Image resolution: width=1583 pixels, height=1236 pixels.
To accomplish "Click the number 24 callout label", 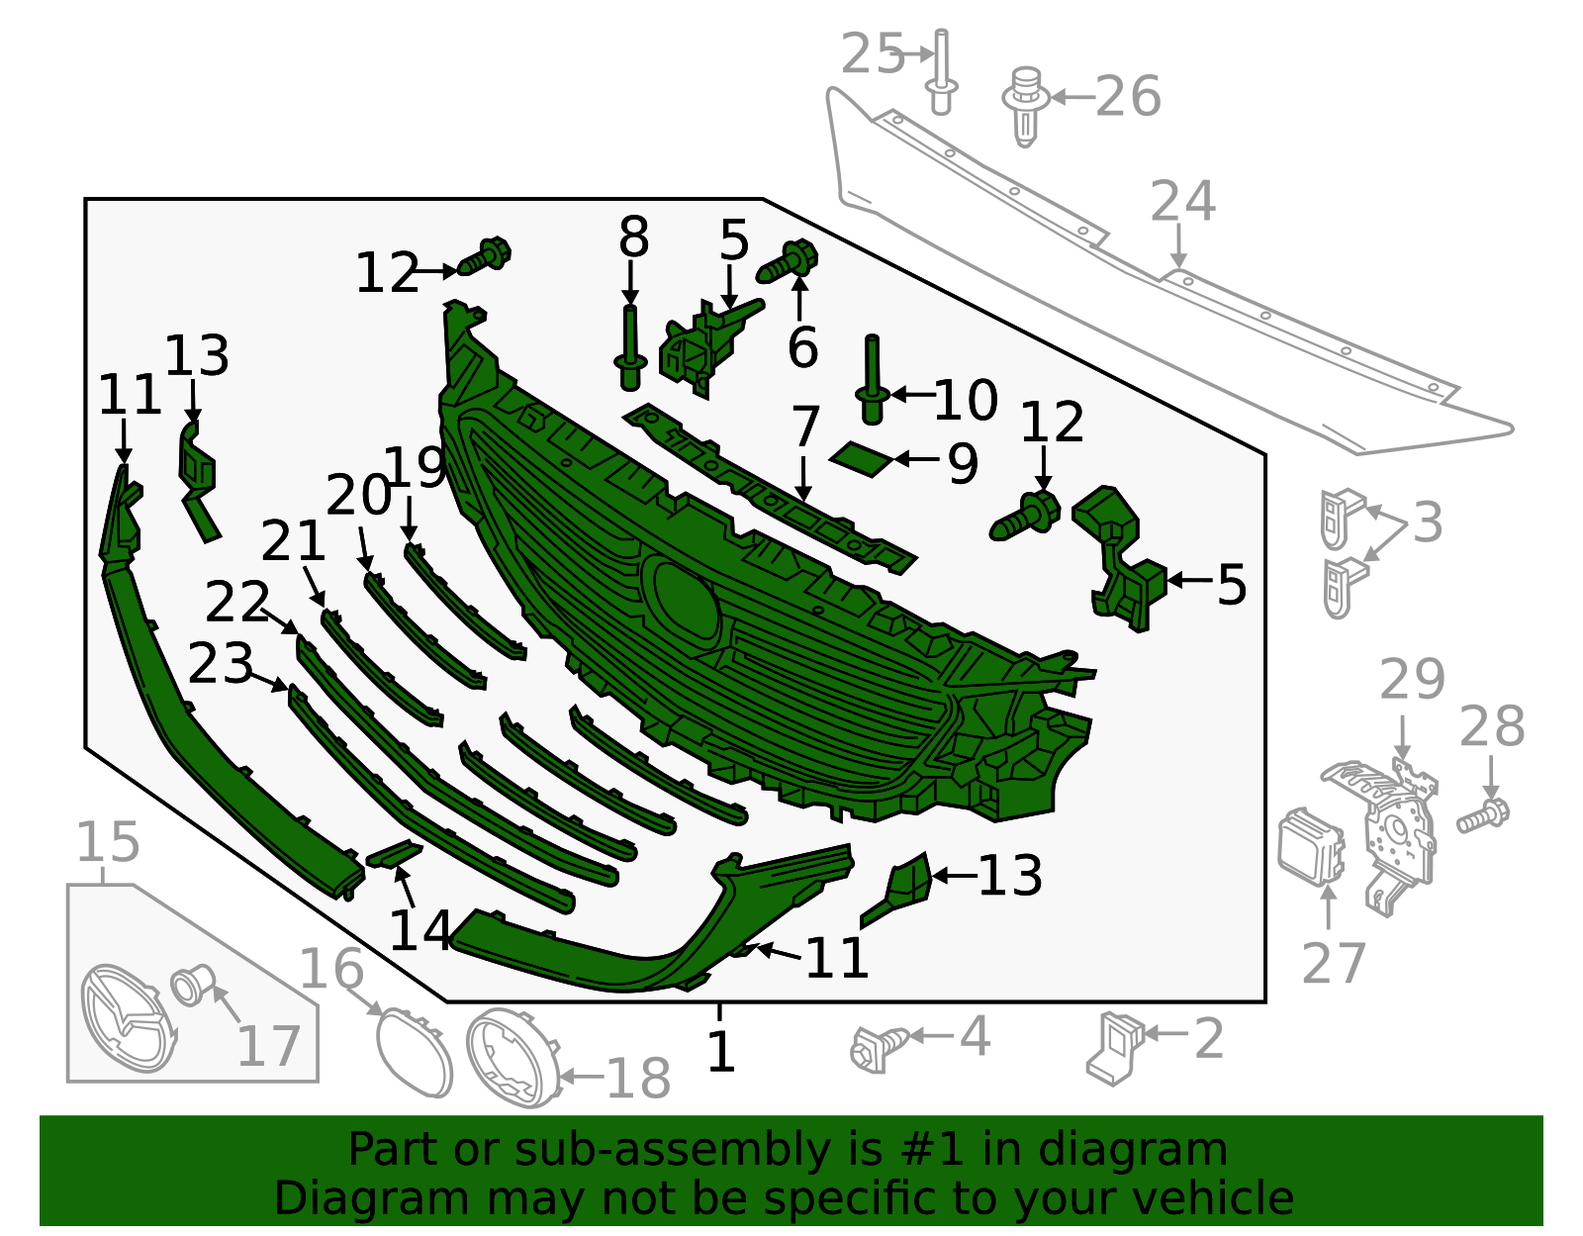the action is [x=1182, y=202].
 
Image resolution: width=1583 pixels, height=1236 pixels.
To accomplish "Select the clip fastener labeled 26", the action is [x=1026, y=106].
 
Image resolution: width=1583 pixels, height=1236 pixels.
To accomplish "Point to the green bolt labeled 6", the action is [x=787, y=260].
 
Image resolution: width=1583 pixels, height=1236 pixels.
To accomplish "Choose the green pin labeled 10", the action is [x=872, y=379].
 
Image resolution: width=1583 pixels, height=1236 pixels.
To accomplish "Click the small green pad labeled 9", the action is [x=861, y=459].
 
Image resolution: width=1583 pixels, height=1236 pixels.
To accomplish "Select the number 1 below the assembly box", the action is [x=720, y=1051].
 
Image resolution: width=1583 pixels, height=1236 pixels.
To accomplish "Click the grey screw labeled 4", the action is [x=880, y=1048].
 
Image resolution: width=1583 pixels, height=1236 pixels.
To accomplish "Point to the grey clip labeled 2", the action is [x=1114, y=1048].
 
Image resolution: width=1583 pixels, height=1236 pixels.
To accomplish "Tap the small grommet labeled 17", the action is [x=192, y=985].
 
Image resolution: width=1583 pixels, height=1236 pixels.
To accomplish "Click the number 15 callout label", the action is [x=108, y=842].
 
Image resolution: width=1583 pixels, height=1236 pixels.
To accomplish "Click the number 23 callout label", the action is [x=220, y=664].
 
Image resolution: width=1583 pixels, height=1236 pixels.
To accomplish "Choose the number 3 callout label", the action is [x=1428, y=522].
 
